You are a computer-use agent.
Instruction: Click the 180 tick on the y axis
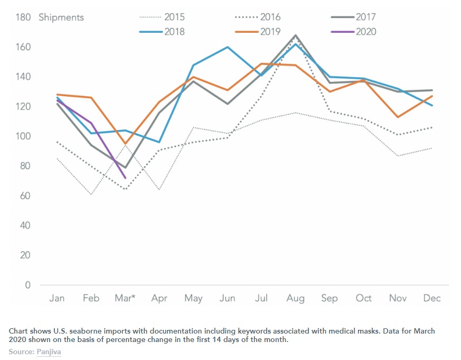click(x=23, y=17)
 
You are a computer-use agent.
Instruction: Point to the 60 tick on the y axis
click(x=25, y=196)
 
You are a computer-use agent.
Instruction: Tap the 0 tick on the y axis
click(x=28, y=285)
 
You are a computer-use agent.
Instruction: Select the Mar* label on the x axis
click(x=125, y=299)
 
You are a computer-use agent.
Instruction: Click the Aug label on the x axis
click(x=296, y=299)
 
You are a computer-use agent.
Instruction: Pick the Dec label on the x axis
click(x=432, y=299)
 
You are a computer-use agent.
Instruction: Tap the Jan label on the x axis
click(x=57, y=299)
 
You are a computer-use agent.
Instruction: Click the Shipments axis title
click(x=61, y=17)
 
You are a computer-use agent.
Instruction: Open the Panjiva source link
click(x=49, y=352)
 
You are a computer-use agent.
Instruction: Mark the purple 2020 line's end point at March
click(x=125, y=178)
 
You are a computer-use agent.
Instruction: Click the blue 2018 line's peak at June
click(x=228, y=47)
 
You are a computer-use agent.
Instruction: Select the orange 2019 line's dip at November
click(x=398, y=117)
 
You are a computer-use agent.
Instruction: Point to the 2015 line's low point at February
click(x=91, y=195)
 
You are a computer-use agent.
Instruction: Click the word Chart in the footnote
click(x=19, y=331)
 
